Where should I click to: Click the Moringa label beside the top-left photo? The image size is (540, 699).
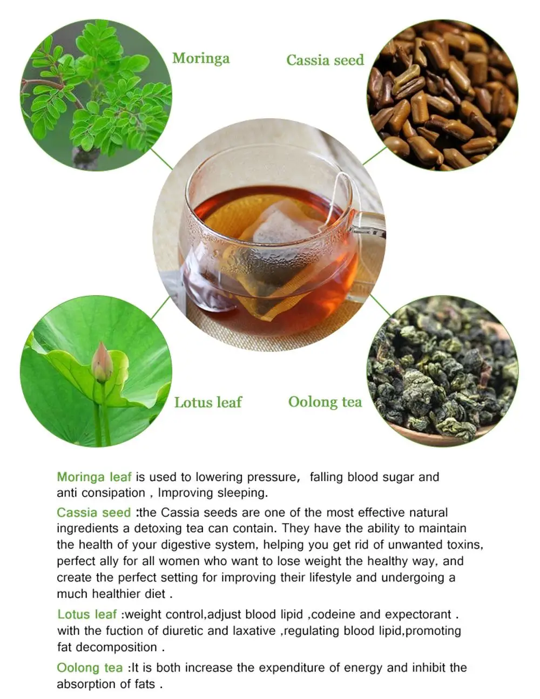click(201, 58)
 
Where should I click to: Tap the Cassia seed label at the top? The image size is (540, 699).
click(325, 60)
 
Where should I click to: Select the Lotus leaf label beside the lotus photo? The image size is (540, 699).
click(208, 402)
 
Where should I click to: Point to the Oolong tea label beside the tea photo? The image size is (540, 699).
click(325, 402)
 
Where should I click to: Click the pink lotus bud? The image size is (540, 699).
click(102, 362)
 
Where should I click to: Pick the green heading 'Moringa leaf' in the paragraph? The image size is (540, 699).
click(94, 477)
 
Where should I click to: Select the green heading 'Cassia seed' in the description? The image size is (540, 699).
click(94, 513)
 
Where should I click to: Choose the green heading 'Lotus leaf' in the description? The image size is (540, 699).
click(87, 614)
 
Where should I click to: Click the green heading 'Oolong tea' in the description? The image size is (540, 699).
click(90, 668)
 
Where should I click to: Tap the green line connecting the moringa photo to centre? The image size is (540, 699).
click(161, 159)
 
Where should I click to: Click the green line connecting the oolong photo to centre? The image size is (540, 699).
click(380, 305)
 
